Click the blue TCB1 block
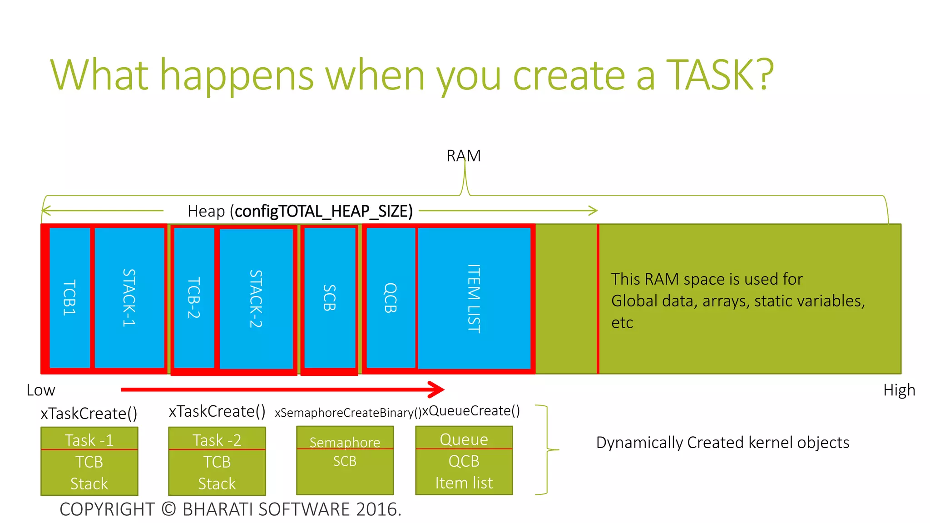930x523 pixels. pos(69,297)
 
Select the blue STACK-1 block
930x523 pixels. pos(129,297)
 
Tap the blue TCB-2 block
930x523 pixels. pos(194,297)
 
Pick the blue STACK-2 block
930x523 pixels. pos(256,298)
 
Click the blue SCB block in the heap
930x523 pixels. pos(330,297)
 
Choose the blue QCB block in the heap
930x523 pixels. pos(391,297)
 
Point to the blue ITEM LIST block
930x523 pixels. pos(474,298)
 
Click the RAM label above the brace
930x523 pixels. pos(463,156)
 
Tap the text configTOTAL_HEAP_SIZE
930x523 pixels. pos(323,211)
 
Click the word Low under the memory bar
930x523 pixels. pos(41,390)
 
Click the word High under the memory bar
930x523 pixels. pos(899,390)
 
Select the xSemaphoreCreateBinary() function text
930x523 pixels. pos(348,413)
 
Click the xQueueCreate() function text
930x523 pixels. pos(471,410)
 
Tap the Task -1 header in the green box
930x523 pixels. pos(89,439)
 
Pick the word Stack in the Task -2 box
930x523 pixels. pos(217,483)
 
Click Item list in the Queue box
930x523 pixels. pos(464,482)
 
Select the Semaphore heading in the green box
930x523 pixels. pos(345,442)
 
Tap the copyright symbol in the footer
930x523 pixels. pos(169,509)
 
